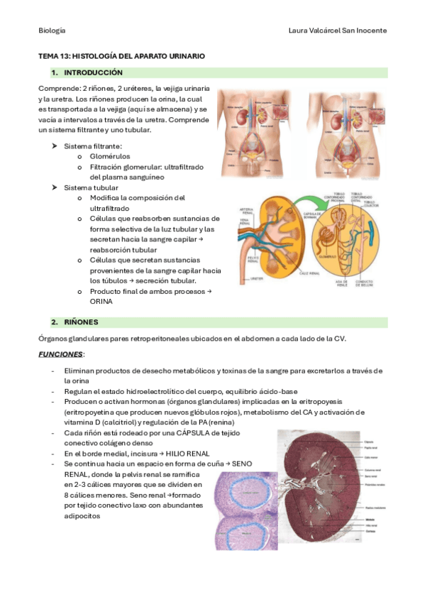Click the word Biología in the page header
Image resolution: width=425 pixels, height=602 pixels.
52,31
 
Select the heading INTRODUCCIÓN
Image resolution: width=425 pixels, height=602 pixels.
93,72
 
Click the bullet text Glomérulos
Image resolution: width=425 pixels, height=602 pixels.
110,156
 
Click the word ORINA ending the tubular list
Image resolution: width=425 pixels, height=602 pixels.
101,301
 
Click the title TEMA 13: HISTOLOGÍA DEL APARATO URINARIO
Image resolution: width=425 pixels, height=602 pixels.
121,55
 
